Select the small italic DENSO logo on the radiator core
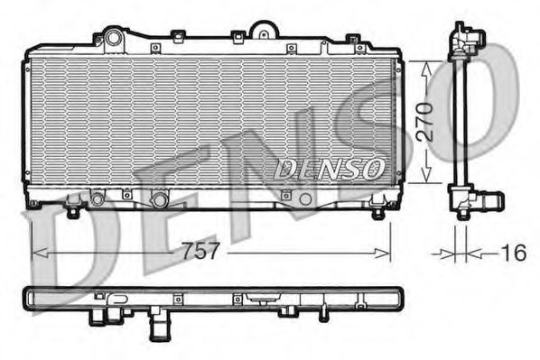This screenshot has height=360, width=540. pyautogui.click(x=330, y=168)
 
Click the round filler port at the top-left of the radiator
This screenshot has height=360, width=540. pyautogui.click(x=113, y=38)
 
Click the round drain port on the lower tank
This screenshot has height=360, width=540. pyautogui.click(x=160, y=198)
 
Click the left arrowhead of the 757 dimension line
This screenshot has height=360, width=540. pyautogui.click(x=36, y=253)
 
